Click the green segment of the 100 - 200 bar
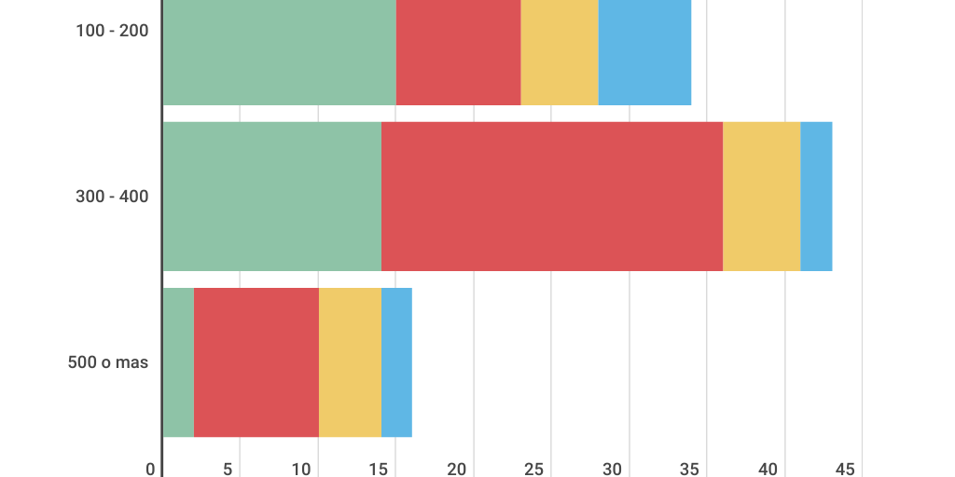279,52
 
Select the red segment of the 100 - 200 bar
458,52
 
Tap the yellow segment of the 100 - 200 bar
560,52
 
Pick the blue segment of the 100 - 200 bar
644,52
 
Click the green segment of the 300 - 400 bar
271,197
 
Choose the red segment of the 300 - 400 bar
552,197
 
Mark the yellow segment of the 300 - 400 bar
761,197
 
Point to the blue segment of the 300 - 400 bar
816,197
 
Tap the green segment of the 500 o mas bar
178,362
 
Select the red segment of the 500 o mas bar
256,362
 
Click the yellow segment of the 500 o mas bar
350,362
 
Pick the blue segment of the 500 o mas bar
396,362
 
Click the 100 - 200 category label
112,31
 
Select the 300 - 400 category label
112,197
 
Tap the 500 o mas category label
108,362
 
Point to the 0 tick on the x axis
151,470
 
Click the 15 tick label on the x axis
379,470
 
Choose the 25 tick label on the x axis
534,470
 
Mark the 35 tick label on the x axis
690,470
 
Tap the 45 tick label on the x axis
845,470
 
